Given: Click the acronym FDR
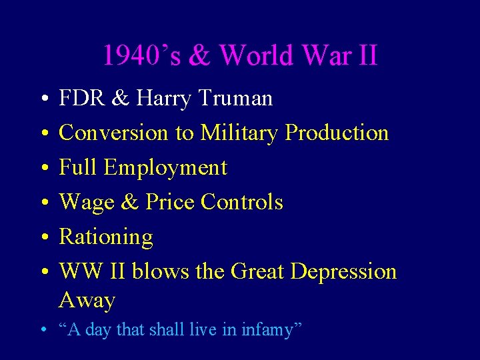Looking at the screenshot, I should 81,99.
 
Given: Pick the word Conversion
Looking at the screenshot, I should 114,133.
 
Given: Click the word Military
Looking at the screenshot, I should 240,133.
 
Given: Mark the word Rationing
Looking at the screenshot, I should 106,237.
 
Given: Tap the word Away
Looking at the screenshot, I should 87,301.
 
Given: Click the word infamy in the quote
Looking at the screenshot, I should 275,329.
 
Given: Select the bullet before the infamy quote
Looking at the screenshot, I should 42,329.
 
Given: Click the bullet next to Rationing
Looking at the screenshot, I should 43,237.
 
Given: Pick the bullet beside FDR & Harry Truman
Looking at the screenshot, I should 43,99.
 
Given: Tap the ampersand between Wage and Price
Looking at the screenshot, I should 127,202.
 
